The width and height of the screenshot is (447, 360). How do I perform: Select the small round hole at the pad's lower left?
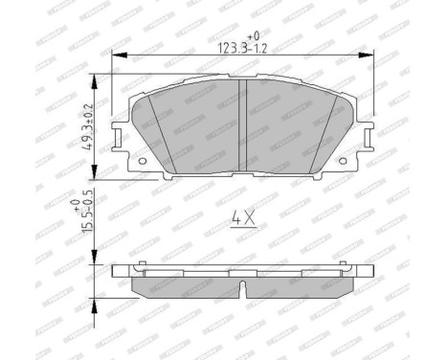pyautogui.click(x=143, y=160)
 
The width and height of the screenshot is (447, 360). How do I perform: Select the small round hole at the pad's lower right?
pyautogui.click(x=343, y=160)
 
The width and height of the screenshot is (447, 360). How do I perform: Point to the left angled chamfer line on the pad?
pyautogui.click(x=162, y=134)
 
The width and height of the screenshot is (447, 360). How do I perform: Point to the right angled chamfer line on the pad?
pyautogui.click(x=324, y=134)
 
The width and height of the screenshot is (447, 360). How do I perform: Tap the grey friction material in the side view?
pyautogui.click(x=191, y=286)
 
